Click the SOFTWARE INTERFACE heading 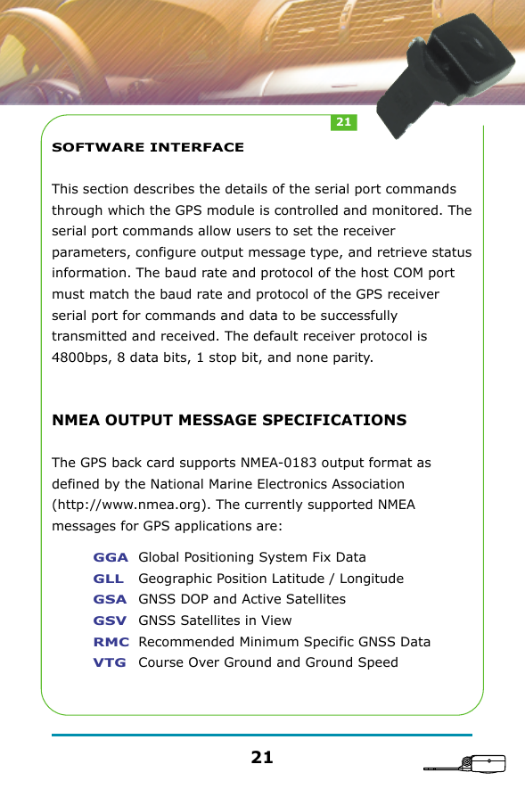coord(148,147)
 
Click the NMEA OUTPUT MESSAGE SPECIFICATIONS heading coord(229,420)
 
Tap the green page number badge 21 coord(343,121)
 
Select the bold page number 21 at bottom coord(262,758)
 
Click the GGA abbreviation coord(111,557)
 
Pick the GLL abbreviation coord(109,579)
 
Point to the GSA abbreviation coord(110,599)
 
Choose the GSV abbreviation coord(110,621)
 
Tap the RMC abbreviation coord(111,642)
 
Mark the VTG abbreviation coord(110,662)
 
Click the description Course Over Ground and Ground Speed coord(268,662)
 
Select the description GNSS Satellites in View coord(215,621)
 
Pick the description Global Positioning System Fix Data coord(252,557)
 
